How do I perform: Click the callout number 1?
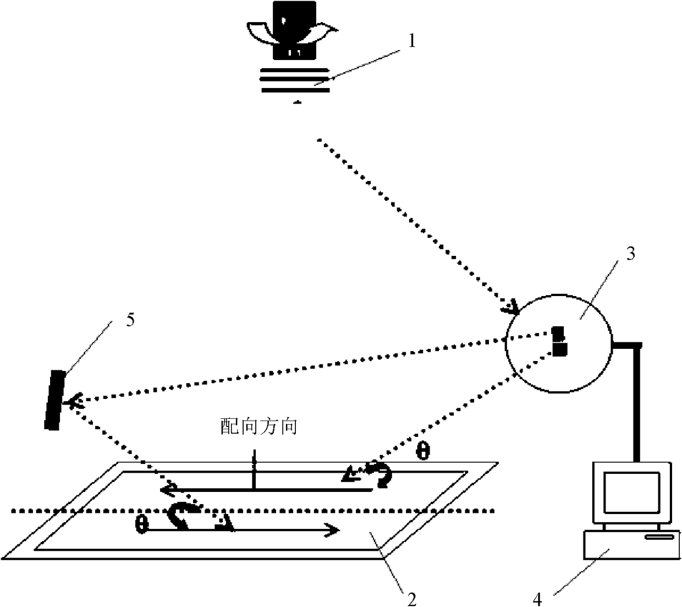pos(412,41)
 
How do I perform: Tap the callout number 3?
pos(630,254)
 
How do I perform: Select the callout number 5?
pos(130,319)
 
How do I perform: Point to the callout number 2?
pos(411,599)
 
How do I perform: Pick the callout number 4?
pos(537,599)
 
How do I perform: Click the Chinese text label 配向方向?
pos(258,426)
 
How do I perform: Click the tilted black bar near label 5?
pos(55,400)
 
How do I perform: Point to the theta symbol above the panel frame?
pos(423,451)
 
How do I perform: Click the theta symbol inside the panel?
pos(142,524)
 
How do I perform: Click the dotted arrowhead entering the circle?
pos(510,307)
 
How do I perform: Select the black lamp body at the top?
pos(294,30)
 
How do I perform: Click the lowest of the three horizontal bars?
pos(295,90)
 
